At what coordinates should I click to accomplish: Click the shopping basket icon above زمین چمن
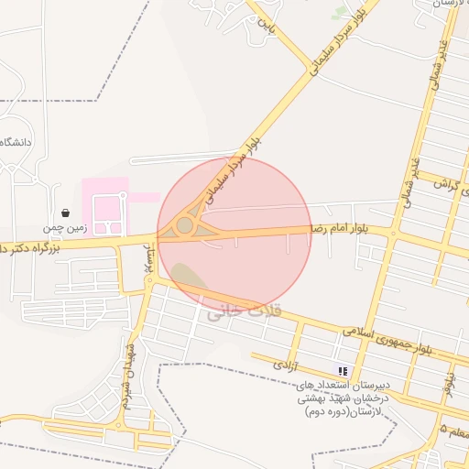64,212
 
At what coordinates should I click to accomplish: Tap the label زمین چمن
60,226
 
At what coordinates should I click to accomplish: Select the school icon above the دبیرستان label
343,371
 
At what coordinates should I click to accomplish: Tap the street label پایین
266,19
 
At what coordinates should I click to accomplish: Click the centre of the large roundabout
186,224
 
